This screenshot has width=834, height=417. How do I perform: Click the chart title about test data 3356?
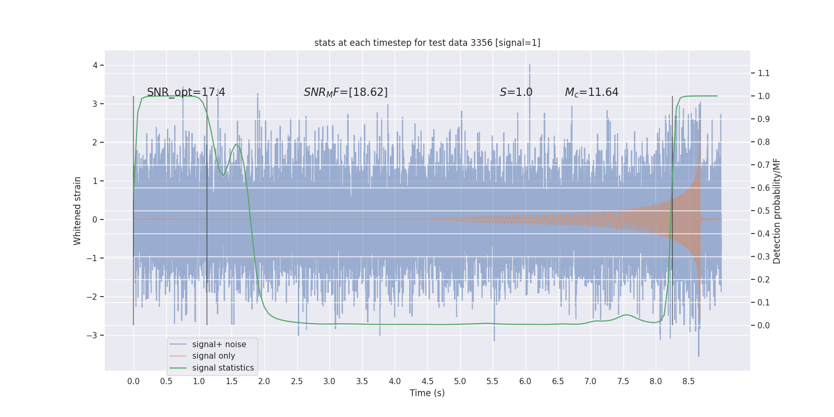pyautogui.click(x=427, y=43)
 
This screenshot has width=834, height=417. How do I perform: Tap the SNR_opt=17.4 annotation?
pyautogui.click(x=186, y=92)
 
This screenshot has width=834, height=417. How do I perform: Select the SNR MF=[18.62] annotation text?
pyautogui.click(x=346, y=92)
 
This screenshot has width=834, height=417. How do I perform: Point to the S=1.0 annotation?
pyautogui.click(x=516, y=92)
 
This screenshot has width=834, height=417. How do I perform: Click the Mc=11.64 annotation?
pyautogui.click(x=592, y=92)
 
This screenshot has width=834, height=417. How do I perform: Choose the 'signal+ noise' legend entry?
pyautogui.click(x=219, y=345)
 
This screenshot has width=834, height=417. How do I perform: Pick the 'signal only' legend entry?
pyautogui.click(x=213, y=356)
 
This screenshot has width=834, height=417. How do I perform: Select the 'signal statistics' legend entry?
pyautogui.click(x=223, y=368)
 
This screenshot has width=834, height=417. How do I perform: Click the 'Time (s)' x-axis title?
pyautogui.click(x=427, y=393)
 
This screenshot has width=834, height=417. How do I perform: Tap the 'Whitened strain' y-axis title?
pyautogui.click(x=78, y=211)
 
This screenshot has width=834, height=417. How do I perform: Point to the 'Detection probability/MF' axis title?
pyautogui.click(x=777, y=211)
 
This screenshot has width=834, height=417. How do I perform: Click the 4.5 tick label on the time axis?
pyautogui.click(x=427, y=381)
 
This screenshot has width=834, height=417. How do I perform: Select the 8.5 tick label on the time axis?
pyautogui.click(x=688, y=381)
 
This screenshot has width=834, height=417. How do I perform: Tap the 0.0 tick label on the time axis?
pyautogui.click(x=133, y=381)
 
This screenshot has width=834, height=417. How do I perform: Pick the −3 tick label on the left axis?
pyautogui.click(x=92, y=335)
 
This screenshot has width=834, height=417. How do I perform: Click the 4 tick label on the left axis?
pyautogui.click(x=95, y=65)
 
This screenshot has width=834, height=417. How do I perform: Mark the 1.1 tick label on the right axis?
pyautogui.click(x=764, y=73)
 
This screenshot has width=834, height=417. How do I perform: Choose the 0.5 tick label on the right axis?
pyautogui.click(x=764, y=211)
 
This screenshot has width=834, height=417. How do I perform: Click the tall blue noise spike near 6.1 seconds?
pyautogui.click(x=530, y=68)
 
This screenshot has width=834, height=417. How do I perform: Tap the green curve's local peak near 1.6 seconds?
pyautogui.click(x=236, y=144)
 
